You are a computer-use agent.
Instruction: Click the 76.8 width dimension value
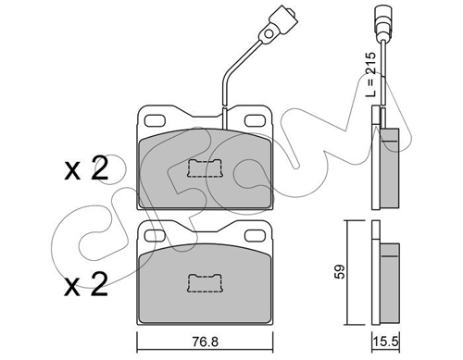205,341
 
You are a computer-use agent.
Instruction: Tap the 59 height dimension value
340,272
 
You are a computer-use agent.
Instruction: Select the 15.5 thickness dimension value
385,341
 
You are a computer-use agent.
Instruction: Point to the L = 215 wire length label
370,75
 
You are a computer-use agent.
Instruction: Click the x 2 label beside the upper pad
86,169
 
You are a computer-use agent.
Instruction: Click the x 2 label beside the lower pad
86,285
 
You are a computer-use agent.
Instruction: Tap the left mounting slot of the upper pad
155,120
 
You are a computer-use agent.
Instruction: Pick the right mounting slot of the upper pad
255,120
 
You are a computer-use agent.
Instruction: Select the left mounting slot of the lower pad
155,236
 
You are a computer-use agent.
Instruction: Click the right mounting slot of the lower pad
255,236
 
